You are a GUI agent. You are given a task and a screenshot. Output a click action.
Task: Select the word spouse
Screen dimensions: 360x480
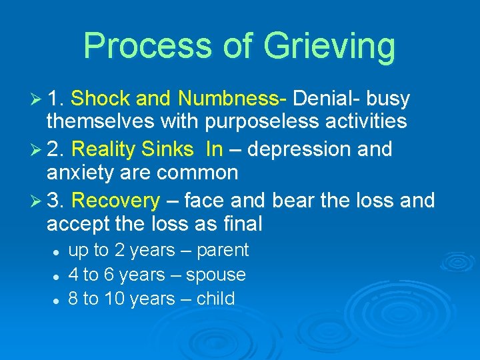(216, 275)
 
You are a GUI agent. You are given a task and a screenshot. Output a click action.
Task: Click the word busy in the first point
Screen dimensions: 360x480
(387, 99)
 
